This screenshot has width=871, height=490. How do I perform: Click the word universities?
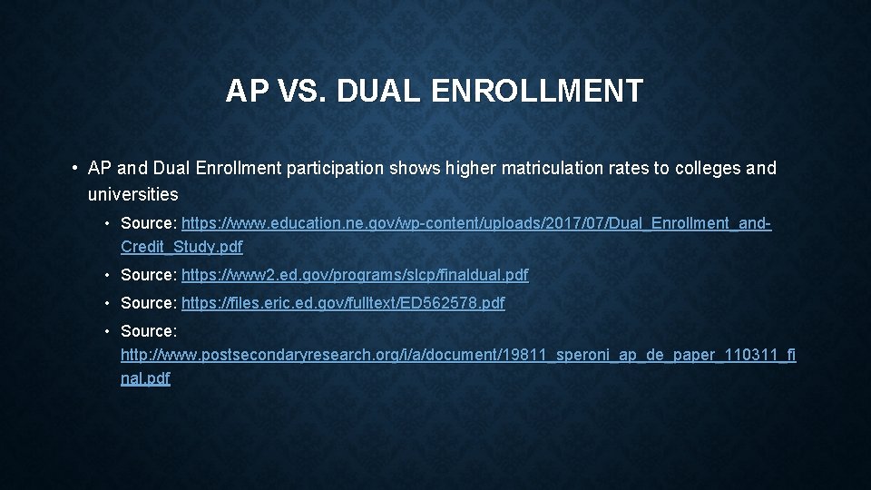[x=133, y=193]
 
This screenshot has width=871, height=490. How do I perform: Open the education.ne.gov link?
[x=476, y=222]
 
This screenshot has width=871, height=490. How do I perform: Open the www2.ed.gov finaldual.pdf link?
[x=355, y=274]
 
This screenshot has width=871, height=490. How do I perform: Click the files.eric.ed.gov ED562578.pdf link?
[x=343, y=303]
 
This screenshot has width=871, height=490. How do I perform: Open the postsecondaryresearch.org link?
[x=458, y=355]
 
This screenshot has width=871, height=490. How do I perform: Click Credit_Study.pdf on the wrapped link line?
[x=181, y=246]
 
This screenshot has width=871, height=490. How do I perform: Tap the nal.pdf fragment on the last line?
[x=145, y=378]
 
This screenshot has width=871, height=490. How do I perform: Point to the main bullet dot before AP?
[x=72, y=169]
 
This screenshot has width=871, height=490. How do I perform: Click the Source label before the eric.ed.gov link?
[x=149, y=303]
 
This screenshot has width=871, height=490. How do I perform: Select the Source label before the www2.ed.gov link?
[x=149, y=274]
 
